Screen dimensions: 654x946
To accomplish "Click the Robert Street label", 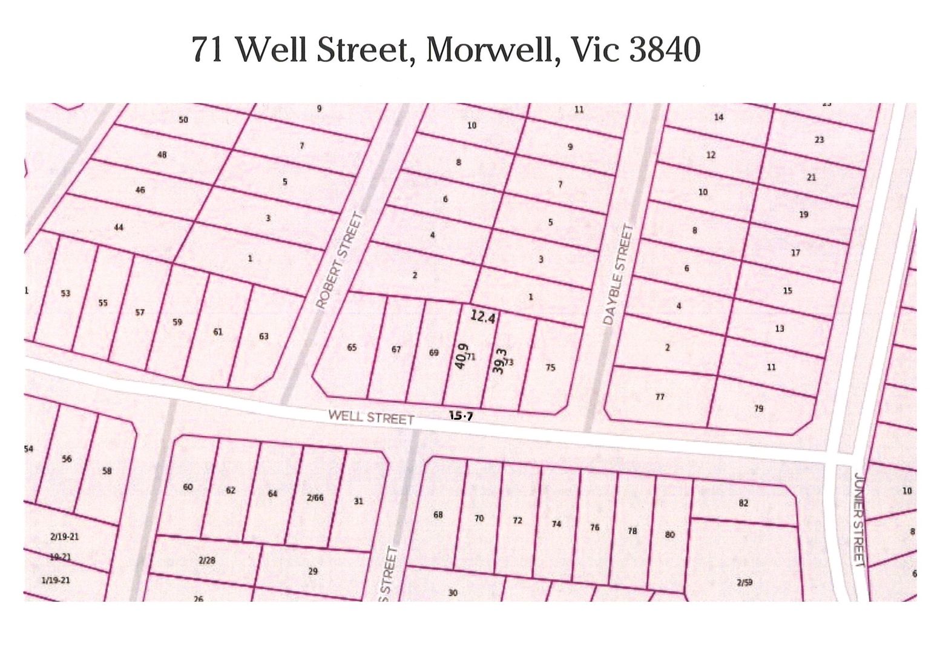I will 340,260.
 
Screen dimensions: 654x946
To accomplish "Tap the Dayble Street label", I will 617,274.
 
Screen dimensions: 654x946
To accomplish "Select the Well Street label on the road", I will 371,417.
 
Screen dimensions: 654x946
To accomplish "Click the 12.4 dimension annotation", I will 482,316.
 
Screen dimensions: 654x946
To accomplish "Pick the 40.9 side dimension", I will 461,355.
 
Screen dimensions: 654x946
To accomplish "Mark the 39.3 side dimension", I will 499,361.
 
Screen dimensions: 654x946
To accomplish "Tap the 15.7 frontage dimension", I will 461,415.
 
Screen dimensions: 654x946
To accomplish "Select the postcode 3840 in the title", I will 665,49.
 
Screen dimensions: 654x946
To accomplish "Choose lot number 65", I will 352,348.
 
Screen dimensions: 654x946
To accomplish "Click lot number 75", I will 550,368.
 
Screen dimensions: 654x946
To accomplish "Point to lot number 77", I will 660,397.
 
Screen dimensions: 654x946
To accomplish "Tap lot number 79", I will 758,409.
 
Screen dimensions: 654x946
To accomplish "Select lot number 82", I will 744,503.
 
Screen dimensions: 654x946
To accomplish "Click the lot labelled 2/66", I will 315,498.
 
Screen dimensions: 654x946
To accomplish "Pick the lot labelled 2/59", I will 744,583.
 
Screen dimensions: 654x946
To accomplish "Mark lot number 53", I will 65,294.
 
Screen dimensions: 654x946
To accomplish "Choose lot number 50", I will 183,120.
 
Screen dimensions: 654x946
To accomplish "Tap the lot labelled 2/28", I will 207,560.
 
